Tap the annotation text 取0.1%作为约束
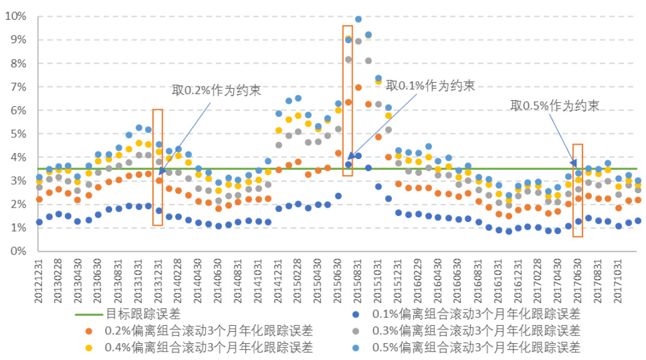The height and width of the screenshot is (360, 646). (x=430, y=85)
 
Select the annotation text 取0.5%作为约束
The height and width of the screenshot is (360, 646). (x=555, y=106)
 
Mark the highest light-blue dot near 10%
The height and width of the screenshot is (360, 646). (x=358, y=19)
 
